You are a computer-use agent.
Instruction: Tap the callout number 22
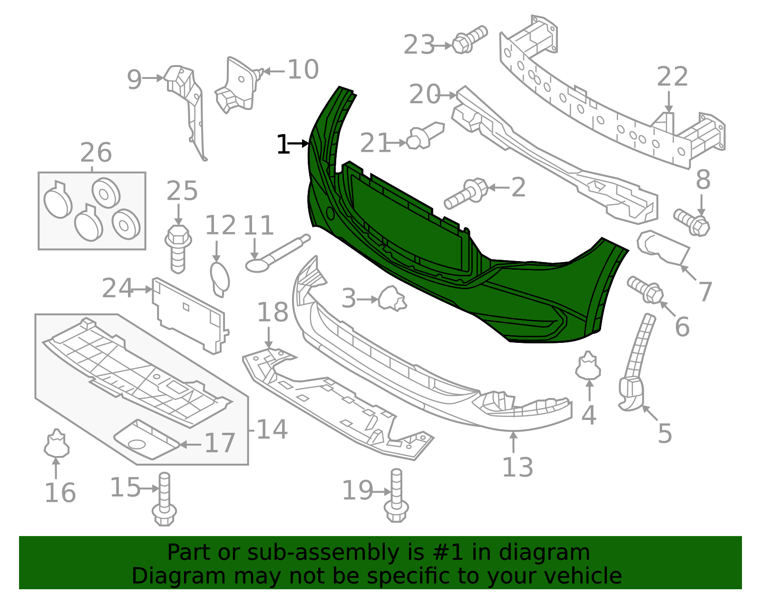[672, 77]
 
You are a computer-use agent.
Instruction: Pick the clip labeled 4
[589, 366]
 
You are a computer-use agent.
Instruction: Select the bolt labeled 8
[693, 222]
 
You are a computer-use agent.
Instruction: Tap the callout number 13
[517, 467]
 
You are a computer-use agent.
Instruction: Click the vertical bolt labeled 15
[164, 499]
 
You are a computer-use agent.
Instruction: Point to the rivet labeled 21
[425, 135]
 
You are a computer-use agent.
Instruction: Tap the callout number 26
[96, 153]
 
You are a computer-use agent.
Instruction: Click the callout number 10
[303, 70]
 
